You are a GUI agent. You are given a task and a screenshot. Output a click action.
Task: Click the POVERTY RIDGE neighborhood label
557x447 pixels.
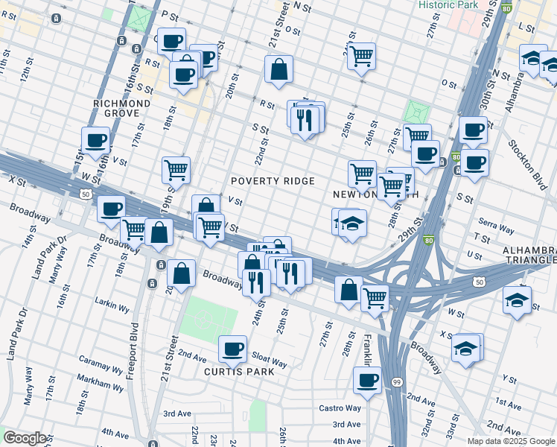(x=272, y=181)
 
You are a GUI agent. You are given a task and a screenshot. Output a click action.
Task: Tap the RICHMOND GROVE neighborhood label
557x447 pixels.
(x=121, y=108)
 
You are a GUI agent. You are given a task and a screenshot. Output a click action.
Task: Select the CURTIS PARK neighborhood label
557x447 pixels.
(x=235, y=371)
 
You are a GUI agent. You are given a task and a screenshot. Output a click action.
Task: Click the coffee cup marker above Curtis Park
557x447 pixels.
(x=232, y=348)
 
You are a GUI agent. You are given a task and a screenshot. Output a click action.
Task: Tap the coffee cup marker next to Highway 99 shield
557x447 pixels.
(x=366, y=381)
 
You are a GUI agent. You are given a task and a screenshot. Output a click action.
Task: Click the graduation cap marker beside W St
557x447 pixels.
(x=516, y=299)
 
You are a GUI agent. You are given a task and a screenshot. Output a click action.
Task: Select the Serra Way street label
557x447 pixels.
(x=497, y=226)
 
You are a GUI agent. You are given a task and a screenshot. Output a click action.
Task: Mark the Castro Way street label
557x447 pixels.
(x=340, y=408)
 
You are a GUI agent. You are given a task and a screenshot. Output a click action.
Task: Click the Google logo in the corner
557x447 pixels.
(x=25, y=437)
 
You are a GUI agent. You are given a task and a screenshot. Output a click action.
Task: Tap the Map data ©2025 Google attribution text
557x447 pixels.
(x=511, y=441)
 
